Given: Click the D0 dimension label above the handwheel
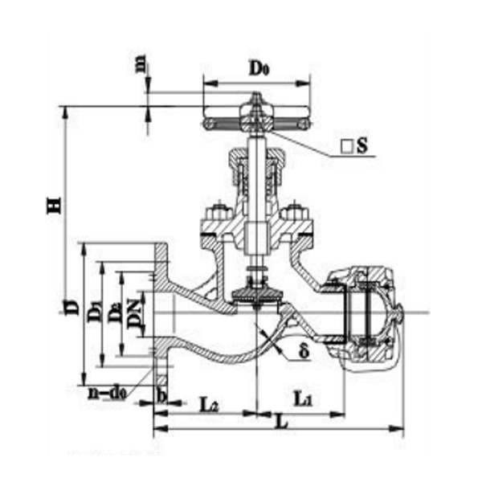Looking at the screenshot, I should [x=257, y=68].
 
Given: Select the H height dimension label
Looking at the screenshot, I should [x=54, y=205].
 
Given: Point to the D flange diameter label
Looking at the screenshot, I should [x=71, y=305].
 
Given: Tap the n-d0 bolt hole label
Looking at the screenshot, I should [x=108, y=393].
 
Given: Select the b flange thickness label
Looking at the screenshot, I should [x=161, y=396].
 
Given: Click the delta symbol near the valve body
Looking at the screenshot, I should [x=304, y=350].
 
